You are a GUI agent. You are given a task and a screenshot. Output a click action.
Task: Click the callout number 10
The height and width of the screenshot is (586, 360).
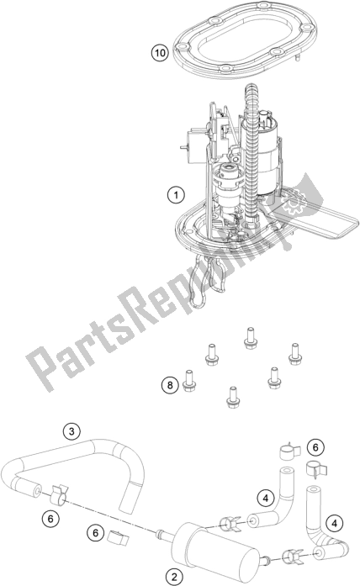(x=159, y=53)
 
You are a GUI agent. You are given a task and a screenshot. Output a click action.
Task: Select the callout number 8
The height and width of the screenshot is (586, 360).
(x=169, y=385)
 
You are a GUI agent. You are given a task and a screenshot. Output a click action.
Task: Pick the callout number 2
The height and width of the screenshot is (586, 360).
(x=173, y=576)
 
